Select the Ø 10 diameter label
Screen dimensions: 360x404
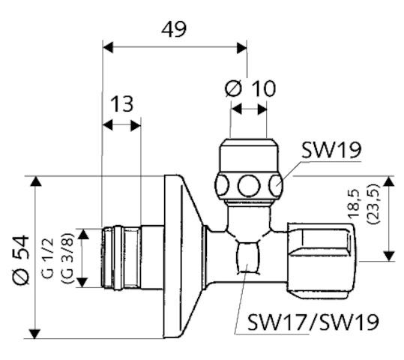[x=250, y=88]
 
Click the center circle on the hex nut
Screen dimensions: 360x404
[x=248, y=184]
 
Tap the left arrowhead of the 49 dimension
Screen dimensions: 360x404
[x=106, y=47]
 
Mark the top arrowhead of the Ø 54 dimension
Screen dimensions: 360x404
[x=34, y=181]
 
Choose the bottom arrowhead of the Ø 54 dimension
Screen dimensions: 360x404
[x=34, y=333]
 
